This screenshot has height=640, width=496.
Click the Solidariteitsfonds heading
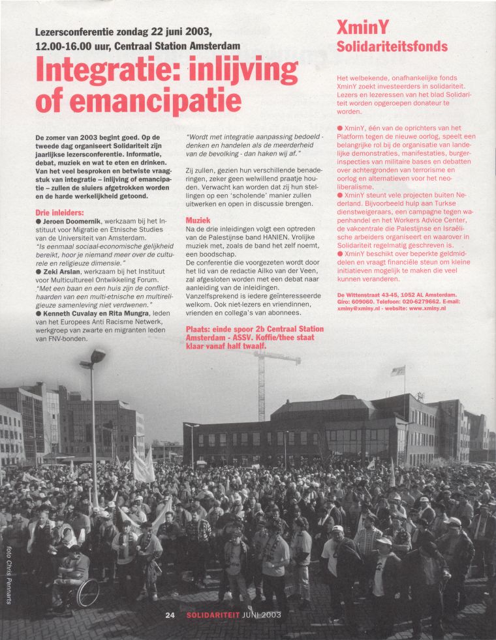[392, 46]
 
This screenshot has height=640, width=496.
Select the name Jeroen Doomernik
[70, 222]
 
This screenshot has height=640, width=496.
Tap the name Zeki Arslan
[65, 270]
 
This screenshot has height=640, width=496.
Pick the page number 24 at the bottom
[170, 615]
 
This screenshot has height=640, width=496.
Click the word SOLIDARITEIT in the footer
[211, 615]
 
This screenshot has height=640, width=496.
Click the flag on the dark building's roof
[397, 371]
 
